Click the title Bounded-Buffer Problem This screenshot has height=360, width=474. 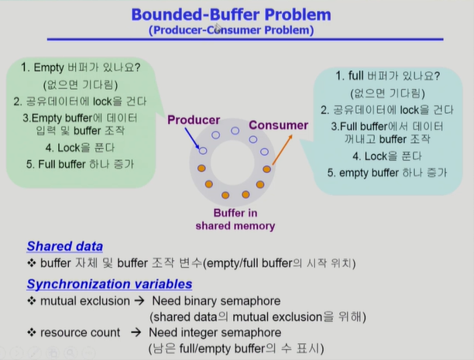(231, 15)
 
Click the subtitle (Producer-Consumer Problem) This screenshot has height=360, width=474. (232, 31)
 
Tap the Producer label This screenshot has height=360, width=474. (194, 120)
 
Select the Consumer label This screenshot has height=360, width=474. (278, 125)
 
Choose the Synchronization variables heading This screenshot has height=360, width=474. (109, 284)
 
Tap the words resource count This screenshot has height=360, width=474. (81, 332)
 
